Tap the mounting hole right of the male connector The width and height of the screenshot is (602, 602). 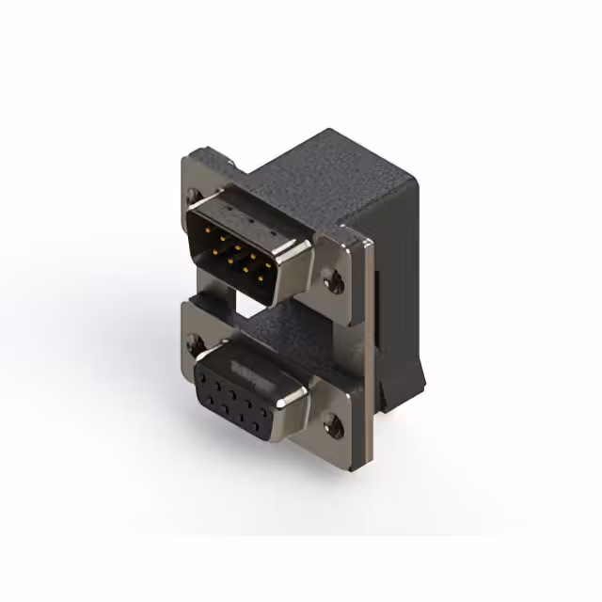point(330,279)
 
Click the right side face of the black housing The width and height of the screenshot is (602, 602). point(395,282)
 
